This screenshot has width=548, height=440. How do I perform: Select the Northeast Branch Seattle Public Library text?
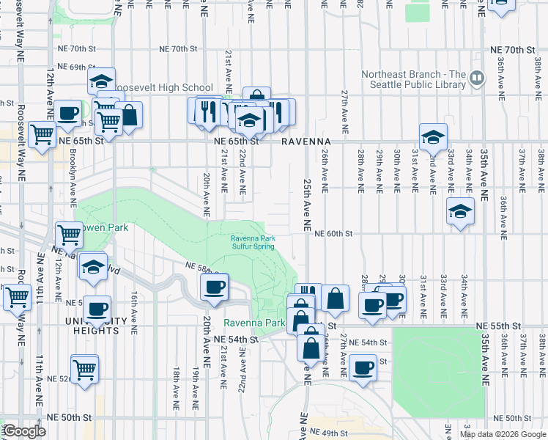pyautogui.click(x=413, y=79)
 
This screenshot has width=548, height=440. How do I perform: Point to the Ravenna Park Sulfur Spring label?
pyautogui.click(x=253, y=243)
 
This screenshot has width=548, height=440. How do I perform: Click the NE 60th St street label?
pyautogui.click(x=334, y=234)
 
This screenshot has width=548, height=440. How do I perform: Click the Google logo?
pyautogui.click(x=24, y=431)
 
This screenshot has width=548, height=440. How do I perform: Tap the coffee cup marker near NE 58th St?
pyautogui.click(x=214, y=287)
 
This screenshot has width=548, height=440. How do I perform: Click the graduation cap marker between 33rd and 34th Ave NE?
pyautogui.click(x=460, y=211)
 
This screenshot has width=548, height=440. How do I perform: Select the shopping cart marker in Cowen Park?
pyautogui.click(x=69, y=235)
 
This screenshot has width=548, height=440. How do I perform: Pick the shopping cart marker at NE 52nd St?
pyautogui.click(x=85, y=368)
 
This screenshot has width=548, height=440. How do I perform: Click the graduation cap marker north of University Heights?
pyautogui.click(x=93, y=268)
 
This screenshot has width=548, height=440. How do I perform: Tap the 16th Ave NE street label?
pyautogui.click(x=135, y=312)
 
